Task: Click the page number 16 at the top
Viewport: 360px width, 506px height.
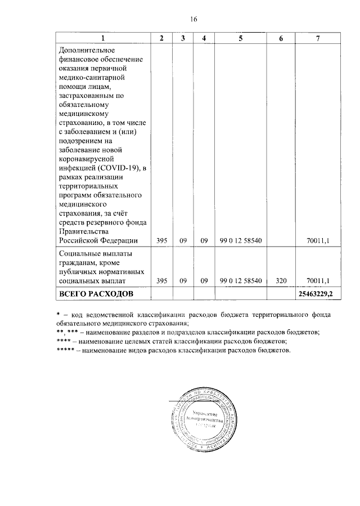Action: (193, 19)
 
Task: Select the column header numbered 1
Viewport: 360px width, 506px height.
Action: (102, 38)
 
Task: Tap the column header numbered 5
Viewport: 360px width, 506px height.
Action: (240, 38)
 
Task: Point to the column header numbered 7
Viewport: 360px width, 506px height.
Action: (318, 38)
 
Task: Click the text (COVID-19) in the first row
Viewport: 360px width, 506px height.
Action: (116, 168)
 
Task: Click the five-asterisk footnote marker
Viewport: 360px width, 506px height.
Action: (67, 350)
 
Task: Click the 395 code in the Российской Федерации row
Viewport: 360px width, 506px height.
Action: (161, 241)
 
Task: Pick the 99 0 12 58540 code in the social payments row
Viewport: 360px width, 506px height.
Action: (240, 280)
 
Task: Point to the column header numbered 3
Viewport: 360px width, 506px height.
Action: (183, 38)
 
